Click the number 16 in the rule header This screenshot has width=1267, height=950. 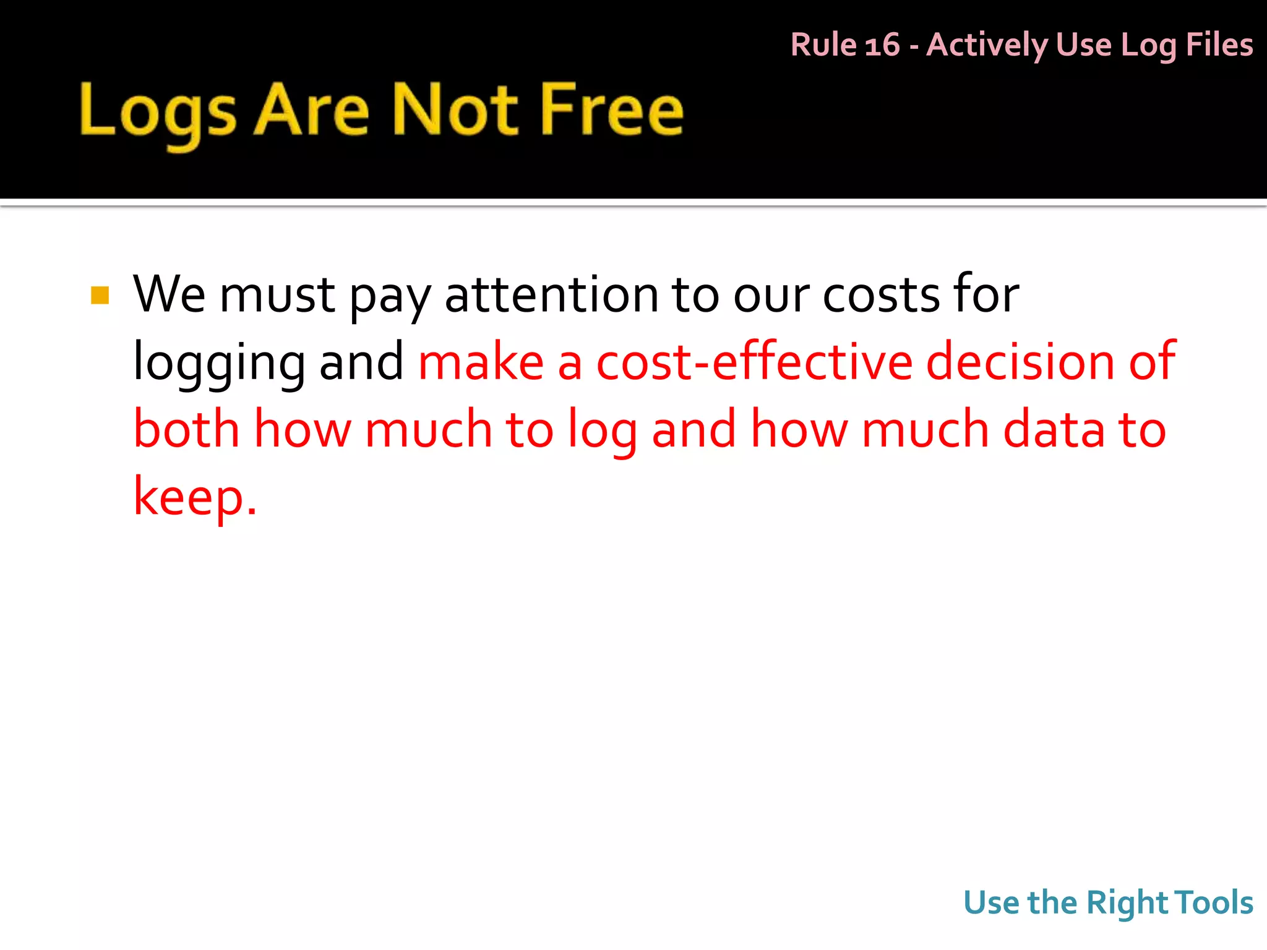pos(882,45)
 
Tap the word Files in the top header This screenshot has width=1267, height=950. pos(1219,45)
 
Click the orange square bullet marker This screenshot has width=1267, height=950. pos(100,295)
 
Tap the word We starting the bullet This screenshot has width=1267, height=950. pos(169,294)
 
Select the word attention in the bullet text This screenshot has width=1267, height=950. pos(551,294)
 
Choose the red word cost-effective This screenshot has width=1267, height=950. pos(754,362)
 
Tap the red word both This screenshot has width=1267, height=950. pos(186,429)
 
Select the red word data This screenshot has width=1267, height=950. pos(1054,429)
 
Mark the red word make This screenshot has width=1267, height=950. pos(481,362)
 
